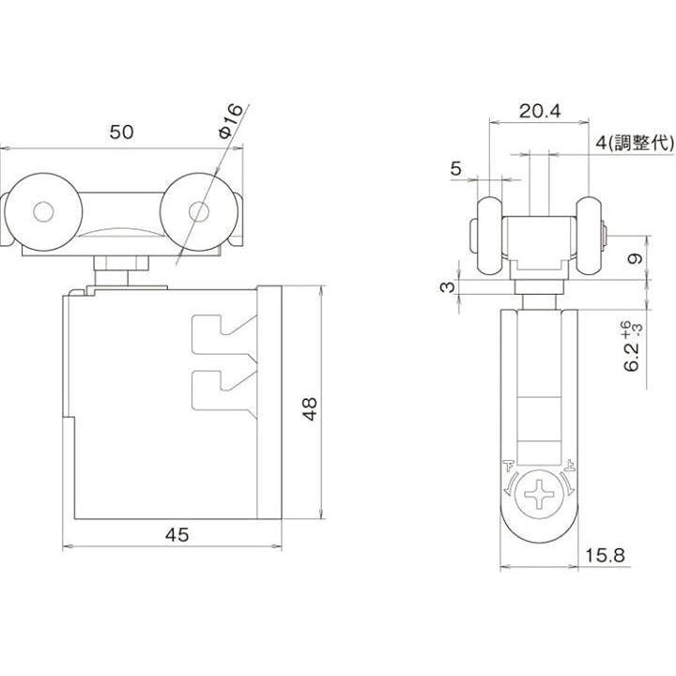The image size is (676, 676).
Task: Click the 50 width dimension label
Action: (x=121, y=132)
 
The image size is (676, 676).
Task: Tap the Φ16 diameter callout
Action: (x=232, y=121)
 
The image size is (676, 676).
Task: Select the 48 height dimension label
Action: (x=310, y=408)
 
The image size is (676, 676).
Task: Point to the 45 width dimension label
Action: (x=177, y=535)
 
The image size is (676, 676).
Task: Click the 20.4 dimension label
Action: (x=539, y=111)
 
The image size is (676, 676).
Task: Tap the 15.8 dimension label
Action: (x=605, y=555)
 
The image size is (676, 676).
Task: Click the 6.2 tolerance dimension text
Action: (x=633, y=346)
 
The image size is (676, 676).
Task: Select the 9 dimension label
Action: (x=636, y=258)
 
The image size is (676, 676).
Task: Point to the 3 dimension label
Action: (x=448, y=286)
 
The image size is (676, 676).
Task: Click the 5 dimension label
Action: (x=455, y=169)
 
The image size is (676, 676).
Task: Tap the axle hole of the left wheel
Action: (x=43, y=212)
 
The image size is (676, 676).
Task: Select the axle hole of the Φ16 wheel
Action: (x=199, y=211)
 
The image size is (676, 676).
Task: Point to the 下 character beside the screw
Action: (x=509, y=466)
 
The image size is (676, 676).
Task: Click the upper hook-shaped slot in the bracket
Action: (x=223, y=335)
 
